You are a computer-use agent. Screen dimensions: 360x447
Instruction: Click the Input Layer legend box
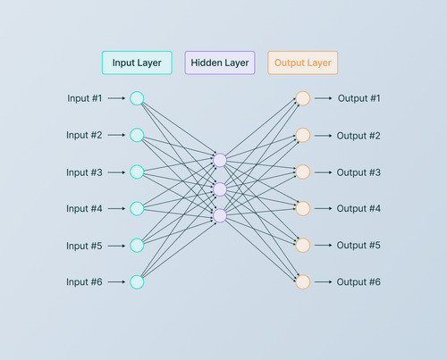tap(136, 63)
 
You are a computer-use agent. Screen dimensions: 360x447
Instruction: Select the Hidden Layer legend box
tap(220, 63)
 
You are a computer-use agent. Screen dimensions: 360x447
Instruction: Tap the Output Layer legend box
tap(303, 63)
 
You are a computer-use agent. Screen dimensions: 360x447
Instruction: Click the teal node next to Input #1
tap(137, 98)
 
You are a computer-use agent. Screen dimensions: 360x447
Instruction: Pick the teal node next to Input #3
tap(137, 172)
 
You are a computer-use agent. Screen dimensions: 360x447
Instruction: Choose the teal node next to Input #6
tap(137, 282)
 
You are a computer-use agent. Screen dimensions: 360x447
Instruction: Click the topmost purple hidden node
tap(220, 161)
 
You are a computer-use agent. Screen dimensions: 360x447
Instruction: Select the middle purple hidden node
tap(220, 188)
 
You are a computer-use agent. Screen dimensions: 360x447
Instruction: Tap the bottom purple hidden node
tap(220, 215)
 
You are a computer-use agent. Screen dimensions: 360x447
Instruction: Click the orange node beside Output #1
tap(302, 98)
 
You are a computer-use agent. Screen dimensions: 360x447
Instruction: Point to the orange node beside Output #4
tap(302, 208)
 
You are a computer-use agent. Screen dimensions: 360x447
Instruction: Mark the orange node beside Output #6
tap(302, 282)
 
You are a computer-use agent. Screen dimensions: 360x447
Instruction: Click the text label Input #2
tap(84, 135)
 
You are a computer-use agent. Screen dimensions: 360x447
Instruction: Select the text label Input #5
tap(84, 246)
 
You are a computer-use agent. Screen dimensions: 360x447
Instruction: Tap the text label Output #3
tap(359, 172)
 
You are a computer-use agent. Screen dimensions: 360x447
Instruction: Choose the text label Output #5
tap(359, 246)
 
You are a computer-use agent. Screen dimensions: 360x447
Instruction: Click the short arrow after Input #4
tap(116, 209)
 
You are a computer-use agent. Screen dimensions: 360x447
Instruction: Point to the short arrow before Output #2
tap(323, 136)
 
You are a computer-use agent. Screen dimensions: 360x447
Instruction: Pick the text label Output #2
tap(359, 136)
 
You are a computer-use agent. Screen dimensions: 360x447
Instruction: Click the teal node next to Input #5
tap(137, 246)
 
